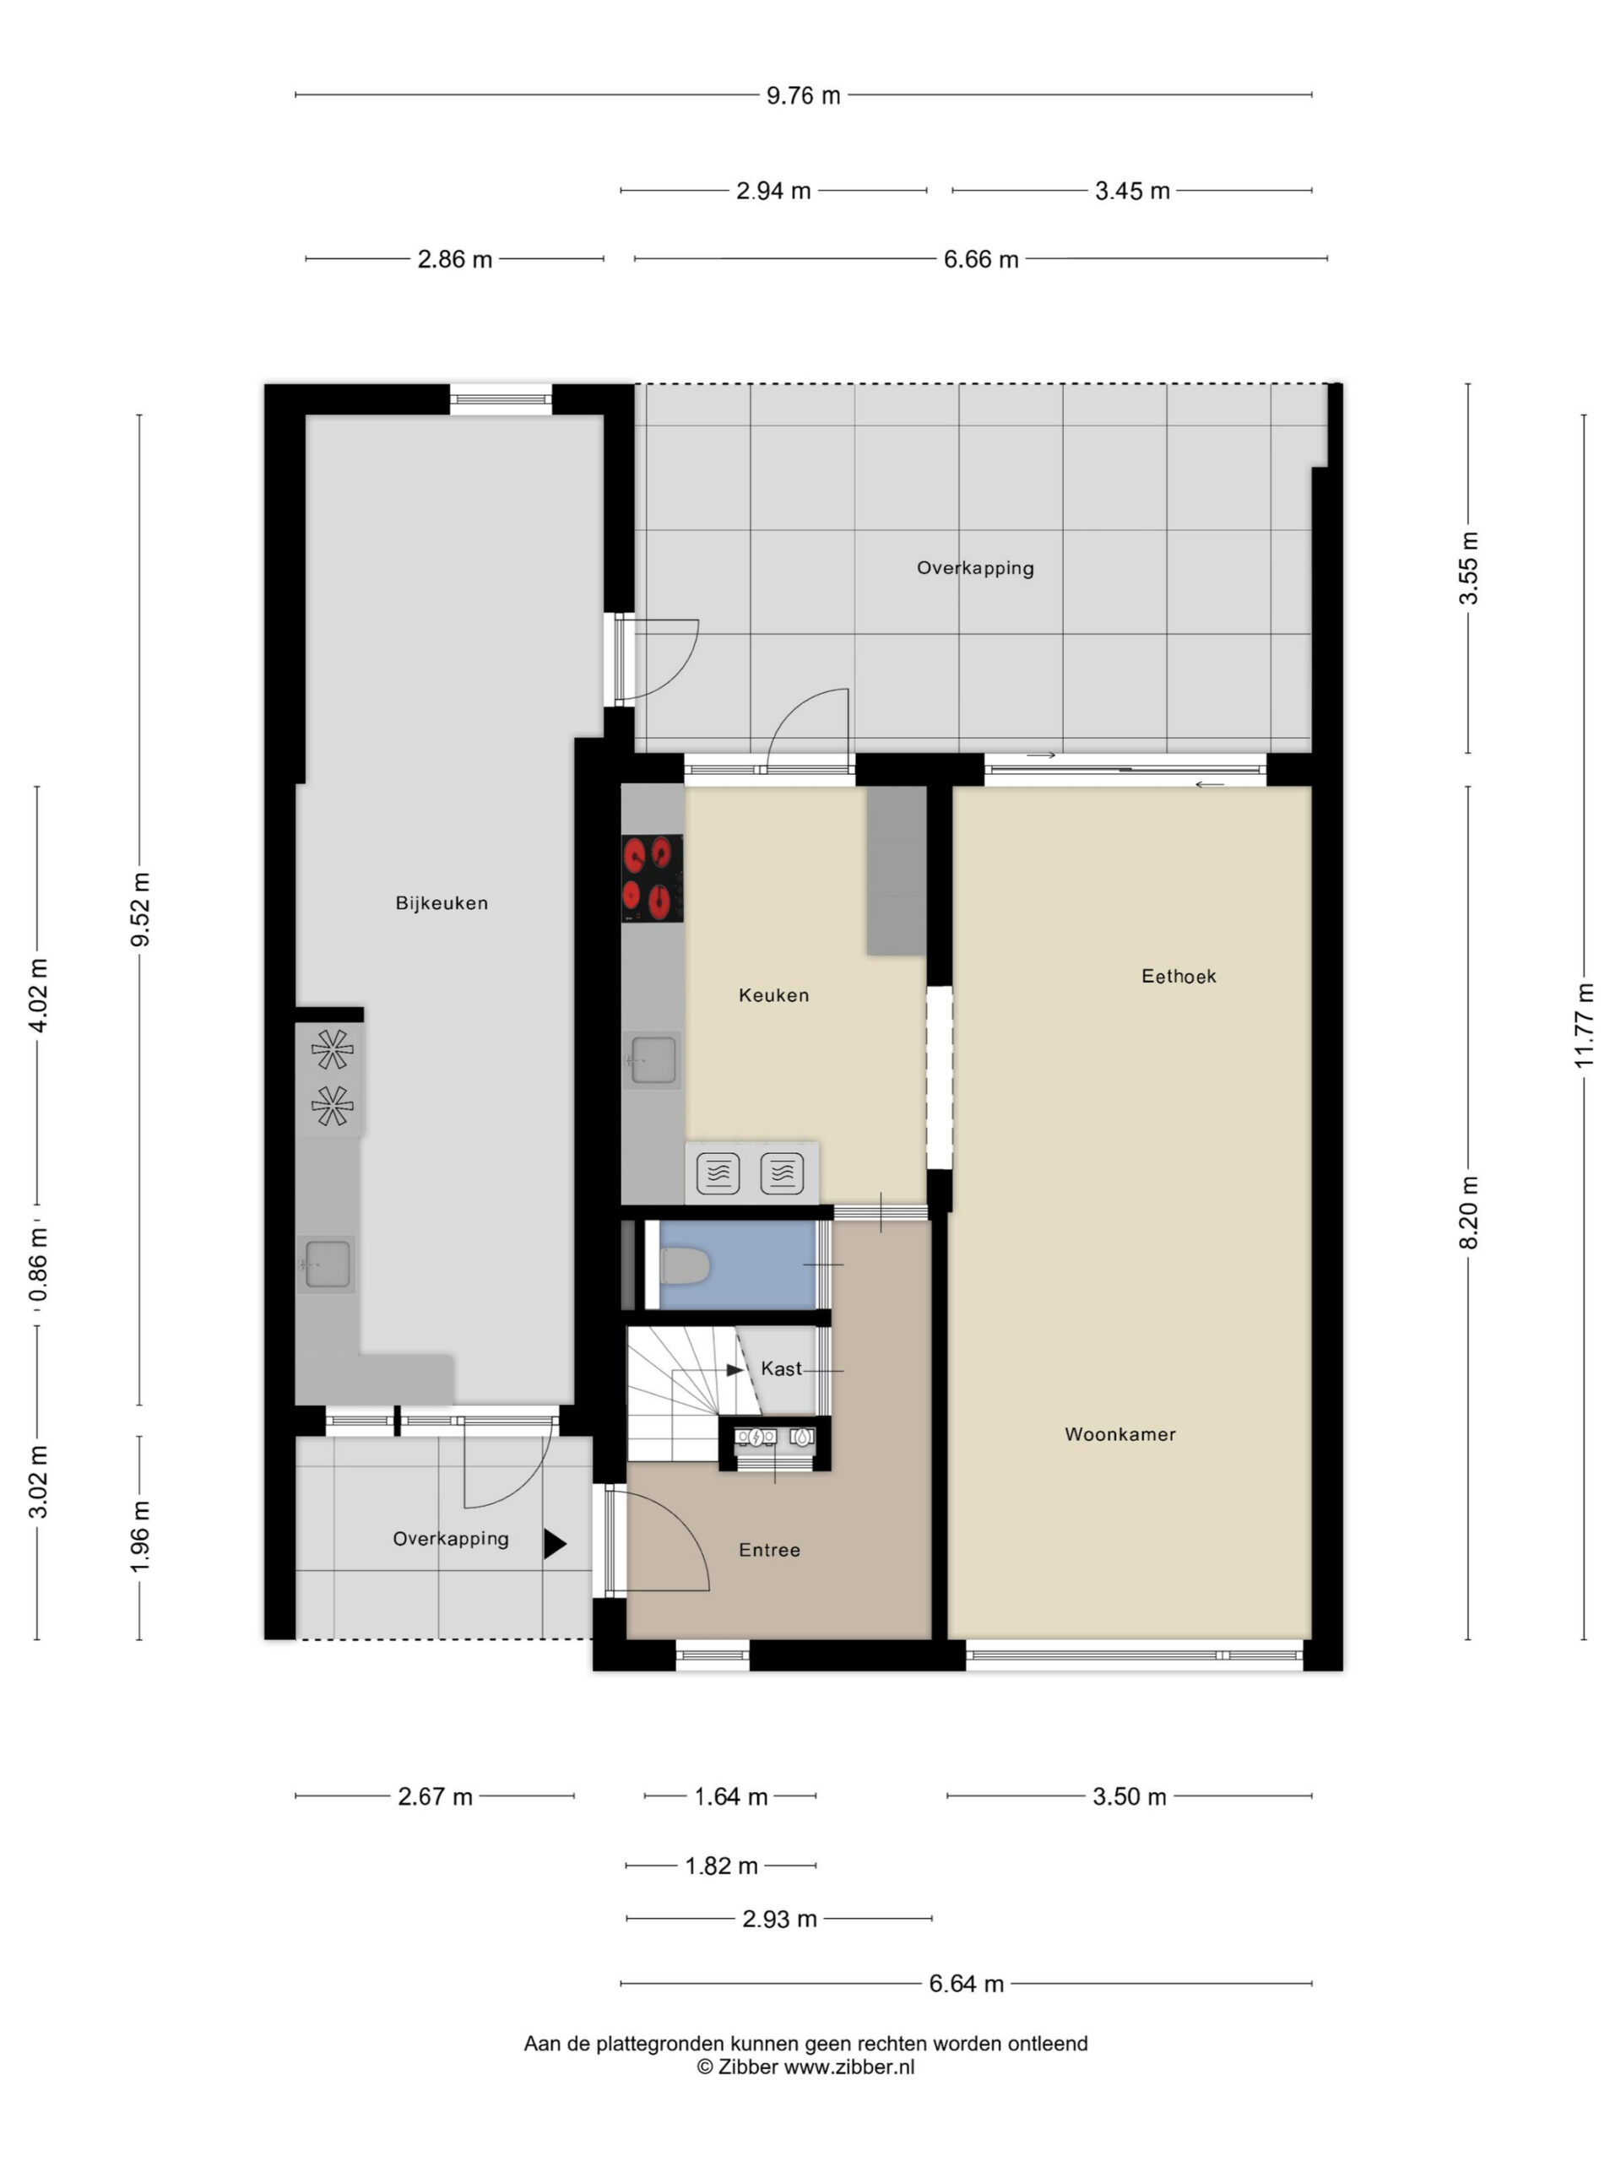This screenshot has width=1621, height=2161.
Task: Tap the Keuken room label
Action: [774, 995]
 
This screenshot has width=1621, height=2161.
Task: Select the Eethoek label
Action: [1179, 976]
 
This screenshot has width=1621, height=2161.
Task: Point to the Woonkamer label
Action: [1120, 1434]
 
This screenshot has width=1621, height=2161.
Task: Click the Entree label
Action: [769, 1550]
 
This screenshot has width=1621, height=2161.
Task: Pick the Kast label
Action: [781, 1368]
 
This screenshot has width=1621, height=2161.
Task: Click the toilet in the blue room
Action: [685, 1267]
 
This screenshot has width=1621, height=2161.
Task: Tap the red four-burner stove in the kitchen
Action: [652, 878]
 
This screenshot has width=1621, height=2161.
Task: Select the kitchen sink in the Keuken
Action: [653, 1060]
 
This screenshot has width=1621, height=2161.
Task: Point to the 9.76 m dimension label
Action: [803, 95]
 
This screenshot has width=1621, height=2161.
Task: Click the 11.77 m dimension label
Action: [1583, 1025]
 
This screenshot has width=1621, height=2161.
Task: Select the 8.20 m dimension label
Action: [1468, 1212]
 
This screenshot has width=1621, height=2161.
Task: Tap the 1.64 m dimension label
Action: [731, 1796]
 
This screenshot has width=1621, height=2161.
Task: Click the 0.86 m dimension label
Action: [38, 1266]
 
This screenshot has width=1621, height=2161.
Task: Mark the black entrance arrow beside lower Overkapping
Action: [555, 1544]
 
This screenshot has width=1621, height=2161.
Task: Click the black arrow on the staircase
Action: [735, 1371]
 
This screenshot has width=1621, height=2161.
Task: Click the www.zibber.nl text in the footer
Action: [849, 2066]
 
